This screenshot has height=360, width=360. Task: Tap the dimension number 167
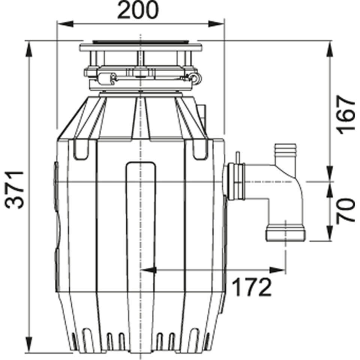pos(345,114)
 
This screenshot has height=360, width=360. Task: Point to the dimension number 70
pos(345,210)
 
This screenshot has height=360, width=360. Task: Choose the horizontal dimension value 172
pos(251,288)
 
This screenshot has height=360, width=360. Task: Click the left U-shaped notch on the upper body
pos(81,150)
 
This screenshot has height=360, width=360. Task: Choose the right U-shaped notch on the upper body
pos(200,150)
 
